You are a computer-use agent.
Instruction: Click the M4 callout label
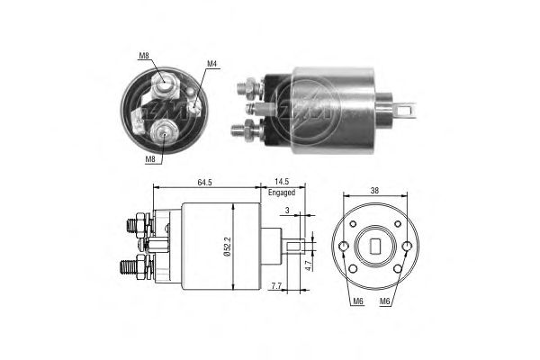(x=211, y=64)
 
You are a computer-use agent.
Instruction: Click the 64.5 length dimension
(x=204, y=182)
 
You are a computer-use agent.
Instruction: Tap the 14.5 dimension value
(x=282, y=182)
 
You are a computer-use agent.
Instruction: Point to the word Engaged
(x=282, y=193)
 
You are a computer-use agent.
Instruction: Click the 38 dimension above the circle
(x=374, y=190)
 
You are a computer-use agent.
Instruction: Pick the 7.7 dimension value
(x=276, y=285)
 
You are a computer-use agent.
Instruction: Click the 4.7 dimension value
(x=309, y=265)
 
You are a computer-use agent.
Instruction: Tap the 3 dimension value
(x=287, y=210)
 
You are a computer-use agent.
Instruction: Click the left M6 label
(x=358, y=301)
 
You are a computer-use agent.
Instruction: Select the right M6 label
(x=384, y=301)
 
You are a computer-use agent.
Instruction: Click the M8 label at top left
(x=144, y=55)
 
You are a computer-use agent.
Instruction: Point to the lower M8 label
(x=150, y=158)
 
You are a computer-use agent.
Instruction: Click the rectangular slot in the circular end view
(x=374, y=246)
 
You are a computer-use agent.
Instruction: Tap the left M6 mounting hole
(x=344, y=246)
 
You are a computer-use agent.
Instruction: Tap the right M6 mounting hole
(x=407, y=246)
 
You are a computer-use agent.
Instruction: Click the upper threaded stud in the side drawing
(x=132, y=226)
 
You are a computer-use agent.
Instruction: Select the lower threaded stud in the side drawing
(x=128, y=267)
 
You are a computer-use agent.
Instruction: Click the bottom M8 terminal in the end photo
(x=164, y=130)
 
